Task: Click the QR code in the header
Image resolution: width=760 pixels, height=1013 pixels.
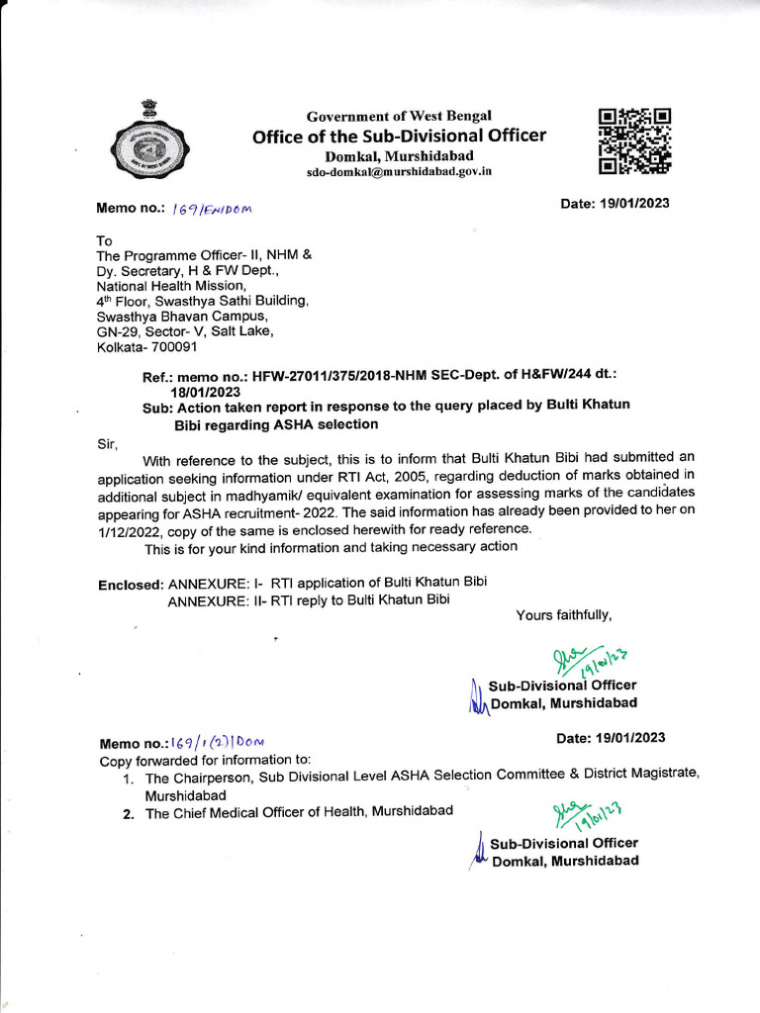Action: click(x=634, y=140)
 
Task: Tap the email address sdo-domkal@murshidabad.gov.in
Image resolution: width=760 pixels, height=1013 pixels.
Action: click(x=399, y=172)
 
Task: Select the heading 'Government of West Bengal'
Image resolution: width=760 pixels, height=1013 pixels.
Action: click(x=399, y=116)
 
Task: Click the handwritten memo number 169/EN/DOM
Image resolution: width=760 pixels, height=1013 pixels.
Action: click(x=213, y=209)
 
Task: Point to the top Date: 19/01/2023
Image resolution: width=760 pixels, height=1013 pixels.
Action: click(x=615, y=204)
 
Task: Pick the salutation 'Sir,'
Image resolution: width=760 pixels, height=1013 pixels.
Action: click(x=107, y=444)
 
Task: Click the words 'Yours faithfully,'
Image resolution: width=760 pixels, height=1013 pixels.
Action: click(x=564, y=615)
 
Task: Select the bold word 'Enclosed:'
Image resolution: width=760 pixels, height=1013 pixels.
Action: click(x=131, y=585)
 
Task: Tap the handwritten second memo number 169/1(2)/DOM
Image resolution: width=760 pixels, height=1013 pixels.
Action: click(x=218, y=742)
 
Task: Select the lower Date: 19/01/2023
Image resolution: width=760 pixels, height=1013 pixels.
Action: click(x=611, y=738)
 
